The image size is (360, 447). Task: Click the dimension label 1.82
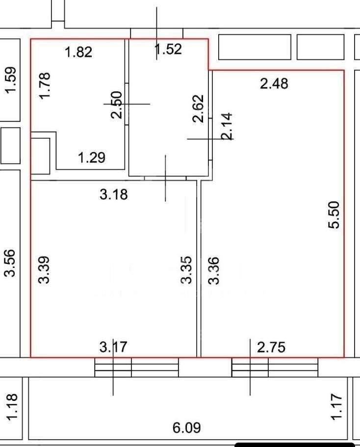tap(78, 52)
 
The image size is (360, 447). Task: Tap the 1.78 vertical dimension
tap(45, 85)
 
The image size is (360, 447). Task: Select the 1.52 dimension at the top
tap(168, 50)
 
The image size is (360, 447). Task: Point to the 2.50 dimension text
tap(117, 105)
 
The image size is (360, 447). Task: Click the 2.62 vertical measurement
tap(198, 108)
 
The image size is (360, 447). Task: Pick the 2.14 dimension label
tap(227, 126)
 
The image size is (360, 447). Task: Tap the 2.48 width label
tap(274, 84)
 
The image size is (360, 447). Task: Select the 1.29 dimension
tap(92, 158)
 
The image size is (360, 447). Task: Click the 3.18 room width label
tap(114, 195)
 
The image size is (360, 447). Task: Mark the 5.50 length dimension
tap(334, 214)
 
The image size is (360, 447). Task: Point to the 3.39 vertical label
tap(44, 270)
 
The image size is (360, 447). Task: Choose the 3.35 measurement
tap(186, 270)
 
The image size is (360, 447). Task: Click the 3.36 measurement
tap(214, 271)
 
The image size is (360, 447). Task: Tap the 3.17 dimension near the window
tap(113, 347)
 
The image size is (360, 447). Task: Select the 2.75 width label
tap(271, 347)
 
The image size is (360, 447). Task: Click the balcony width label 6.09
tap(187, 427)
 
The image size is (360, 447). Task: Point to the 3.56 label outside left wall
tap(9, 263)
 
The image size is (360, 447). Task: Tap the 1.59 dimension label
tap(11, 80)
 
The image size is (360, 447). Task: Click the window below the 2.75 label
tap(275, 367)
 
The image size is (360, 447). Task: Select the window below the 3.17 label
tap(136, 367)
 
